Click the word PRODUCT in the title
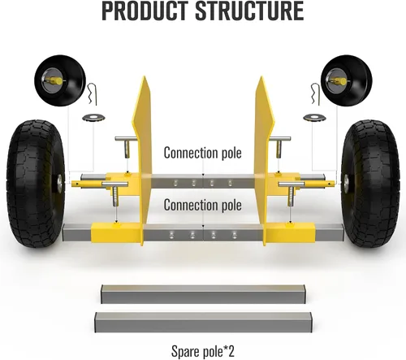coord(145,11)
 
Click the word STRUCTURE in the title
coord(249,11)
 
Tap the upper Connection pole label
coord(202,153)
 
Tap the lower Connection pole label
coord(202,205)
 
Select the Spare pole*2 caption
coord(203,351)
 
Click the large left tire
coord(36,184)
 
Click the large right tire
coord(370,184)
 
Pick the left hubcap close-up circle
coord(60,80)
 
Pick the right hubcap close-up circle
coord(346,80)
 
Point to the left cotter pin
coord(93,93)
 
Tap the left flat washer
coord(93,118)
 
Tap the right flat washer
coord(314,118)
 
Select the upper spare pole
coord(203,294)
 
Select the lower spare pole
coord(203,323)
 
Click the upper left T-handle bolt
coord(126,146)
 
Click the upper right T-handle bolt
coord(279,146)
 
